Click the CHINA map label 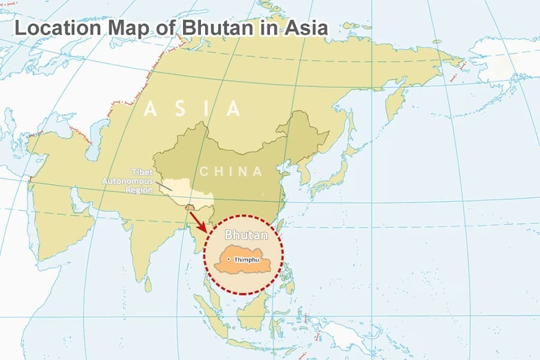point(231,172)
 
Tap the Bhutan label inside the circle point(244,235)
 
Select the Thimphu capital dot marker point(229,259)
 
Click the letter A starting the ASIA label point(151,109)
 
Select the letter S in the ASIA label point(179,109)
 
